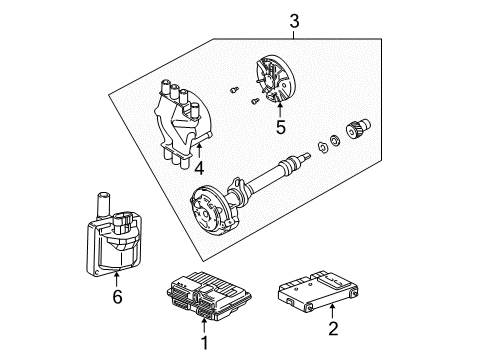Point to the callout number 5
281,128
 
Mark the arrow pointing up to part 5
281,108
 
